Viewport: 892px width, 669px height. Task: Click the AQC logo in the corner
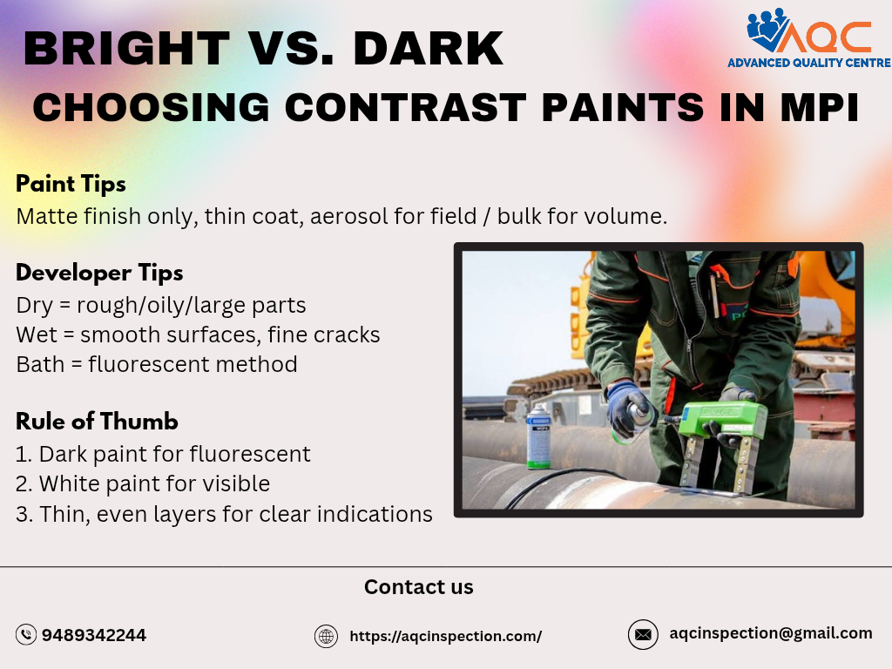(808, 32)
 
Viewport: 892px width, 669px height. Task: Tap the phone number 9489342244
(94, 635)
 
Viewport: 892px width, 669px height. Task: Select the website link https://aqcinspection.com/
(445, 636)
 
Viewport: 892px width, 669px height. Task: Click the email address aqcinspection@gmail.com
(771, 633)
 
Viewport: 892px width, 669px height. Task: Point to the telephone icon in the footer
(26, 635)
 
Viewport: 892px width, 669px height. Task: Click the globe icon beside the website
(326, 636)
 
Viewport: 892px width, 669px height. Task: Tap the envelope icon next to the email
(643, 634)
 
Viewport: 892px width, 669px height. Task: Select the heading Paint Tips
(71, 184)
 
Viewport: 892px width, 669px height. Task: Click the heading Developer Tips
(99, 273)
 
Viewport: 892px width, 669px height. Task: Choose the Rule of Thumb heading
(97, 422)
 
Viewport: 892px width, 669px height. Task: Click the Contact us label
(418, 587)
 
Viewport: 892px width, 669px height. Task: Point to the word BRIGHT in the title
(127, 49)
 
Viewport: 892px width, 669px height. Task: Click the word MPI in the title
(814, 108)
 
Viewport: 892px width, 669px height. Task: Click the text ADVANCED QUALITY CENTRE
(808, 63)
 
